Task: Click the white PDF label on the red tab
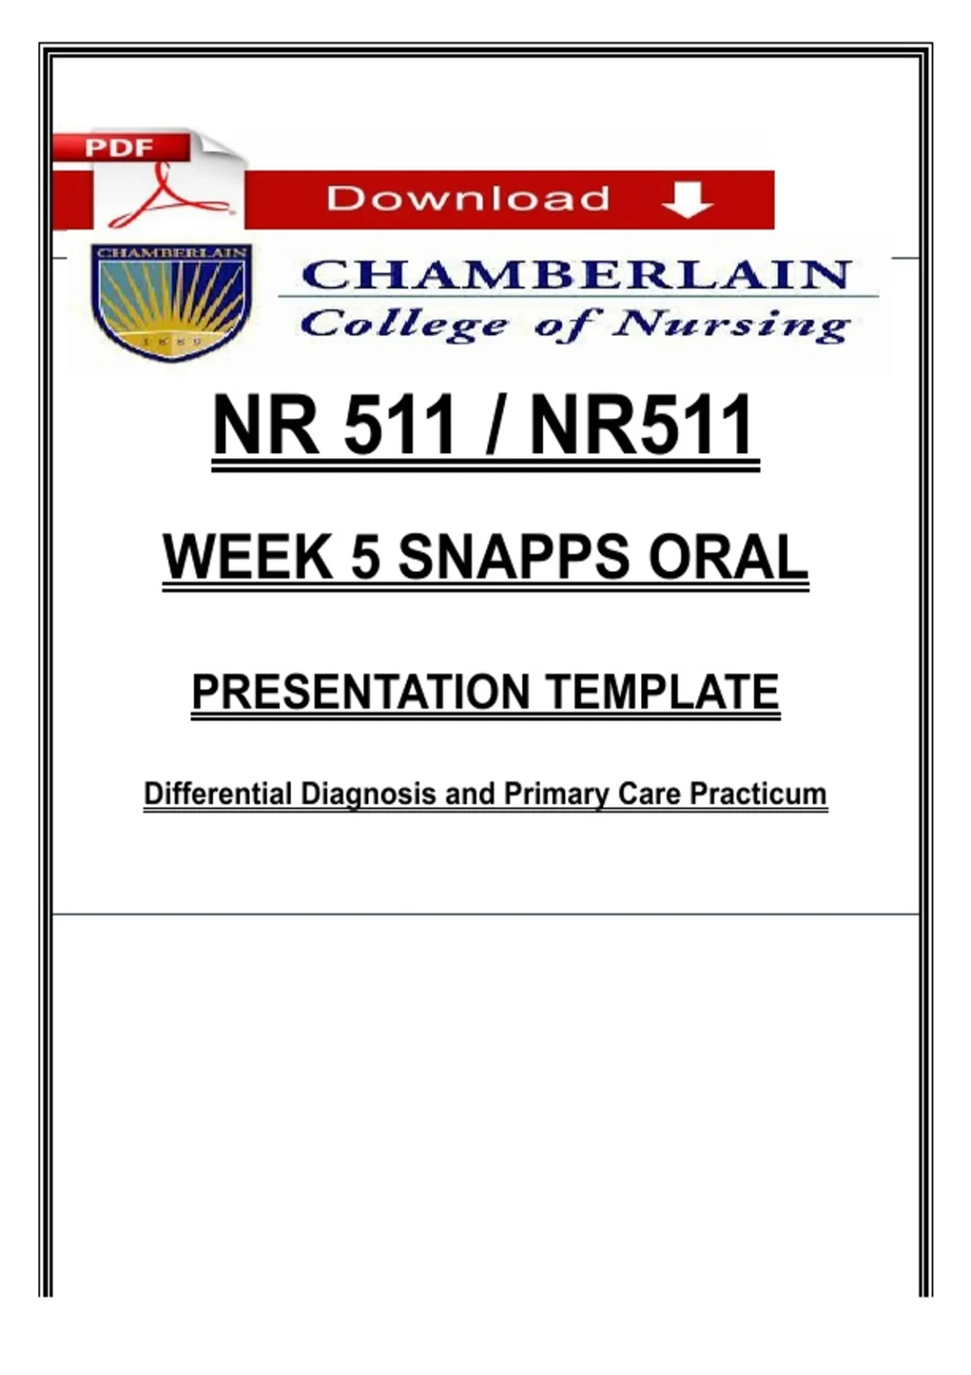click(119, 148)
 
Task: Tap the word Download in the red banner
click(468, 198)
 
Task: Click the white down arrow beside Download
click(687, 201)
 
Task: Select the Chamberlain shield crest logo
click(172, 302)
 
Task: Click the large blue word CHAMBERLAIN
click(576, 274)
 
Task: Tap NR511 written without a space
click(642, 424)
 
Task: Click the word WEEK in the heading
click(248, 556)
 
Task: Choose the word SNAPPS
click(514, 556)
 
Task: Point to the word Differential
click(218, 793)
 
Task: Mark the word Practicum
click(758, 793)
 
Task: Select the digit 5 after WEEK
click(365, 556)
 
